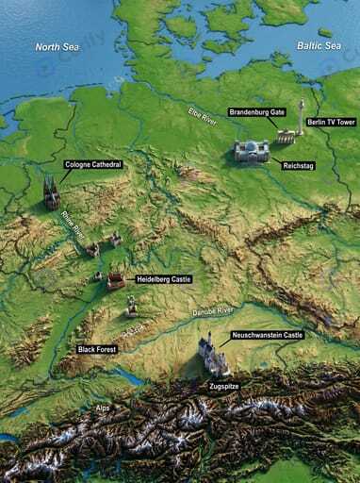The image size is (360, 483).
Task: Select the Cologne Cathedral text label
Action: (x=94, y=164)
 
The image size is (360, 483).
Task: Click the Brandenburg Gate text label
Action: (x=257, y=112)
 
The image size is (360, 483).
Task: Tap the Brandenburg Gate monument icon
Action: (x=285, y=138)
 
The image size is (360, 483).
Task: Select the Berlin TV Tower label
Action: (x=330, y=123)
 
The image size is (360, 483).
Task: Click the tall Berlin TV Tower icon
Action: (x=302, y=117)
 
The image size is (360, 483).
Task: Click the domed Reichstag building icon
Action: (x=251, y=152)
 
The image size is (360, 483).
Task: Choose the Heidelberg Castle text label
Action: (x=164, y=279)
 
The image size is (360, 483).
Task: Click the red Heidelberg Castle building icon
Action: (x=116, y=280)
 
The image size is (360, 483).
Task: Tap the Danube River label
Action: (x=213, y=310)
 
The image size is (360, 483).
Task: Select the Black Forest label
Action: (x=98, y=348)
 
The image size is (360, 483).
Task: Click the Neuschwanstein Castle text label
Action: (x=267, y=335)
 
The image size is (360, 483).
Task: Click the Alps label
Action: (x=103, y=408)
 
